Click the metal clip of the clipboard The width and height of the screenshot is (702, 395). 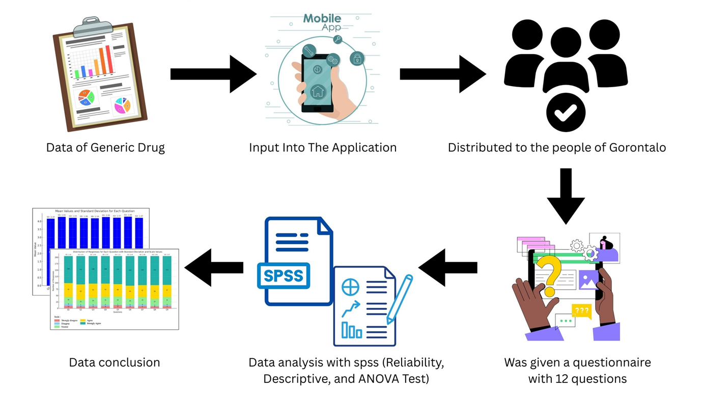[92, 28]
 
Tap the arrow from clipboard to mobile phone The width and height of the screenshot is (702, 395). [213, 74]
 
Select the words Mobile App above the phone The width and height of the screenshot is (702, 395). [322, 22]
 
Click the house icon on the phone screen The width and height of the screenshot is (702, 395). [318, 92]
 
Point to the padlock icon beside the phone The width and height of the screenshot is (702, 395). [357, 58]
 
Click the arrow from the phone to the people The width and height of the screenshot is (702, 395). [442, 74]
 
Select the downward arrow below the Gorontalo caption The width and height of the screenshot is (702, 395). [565, 196]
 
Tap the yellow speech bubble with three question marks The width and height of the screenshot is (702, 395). [581, 310]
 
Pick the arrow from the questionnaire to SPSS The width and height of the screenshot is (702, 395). [447, 267]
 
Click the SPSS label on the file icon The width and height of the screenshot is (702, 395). [284, 276]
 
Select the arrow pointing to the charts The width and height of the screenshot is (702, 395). [213, 267]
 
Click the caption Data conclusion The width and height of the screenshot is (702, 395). [115, 362]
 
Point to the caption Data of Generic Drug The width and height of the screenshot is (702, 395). [105, 148]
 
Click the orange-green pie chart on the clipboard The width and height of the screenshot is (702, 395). [86, 97]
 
